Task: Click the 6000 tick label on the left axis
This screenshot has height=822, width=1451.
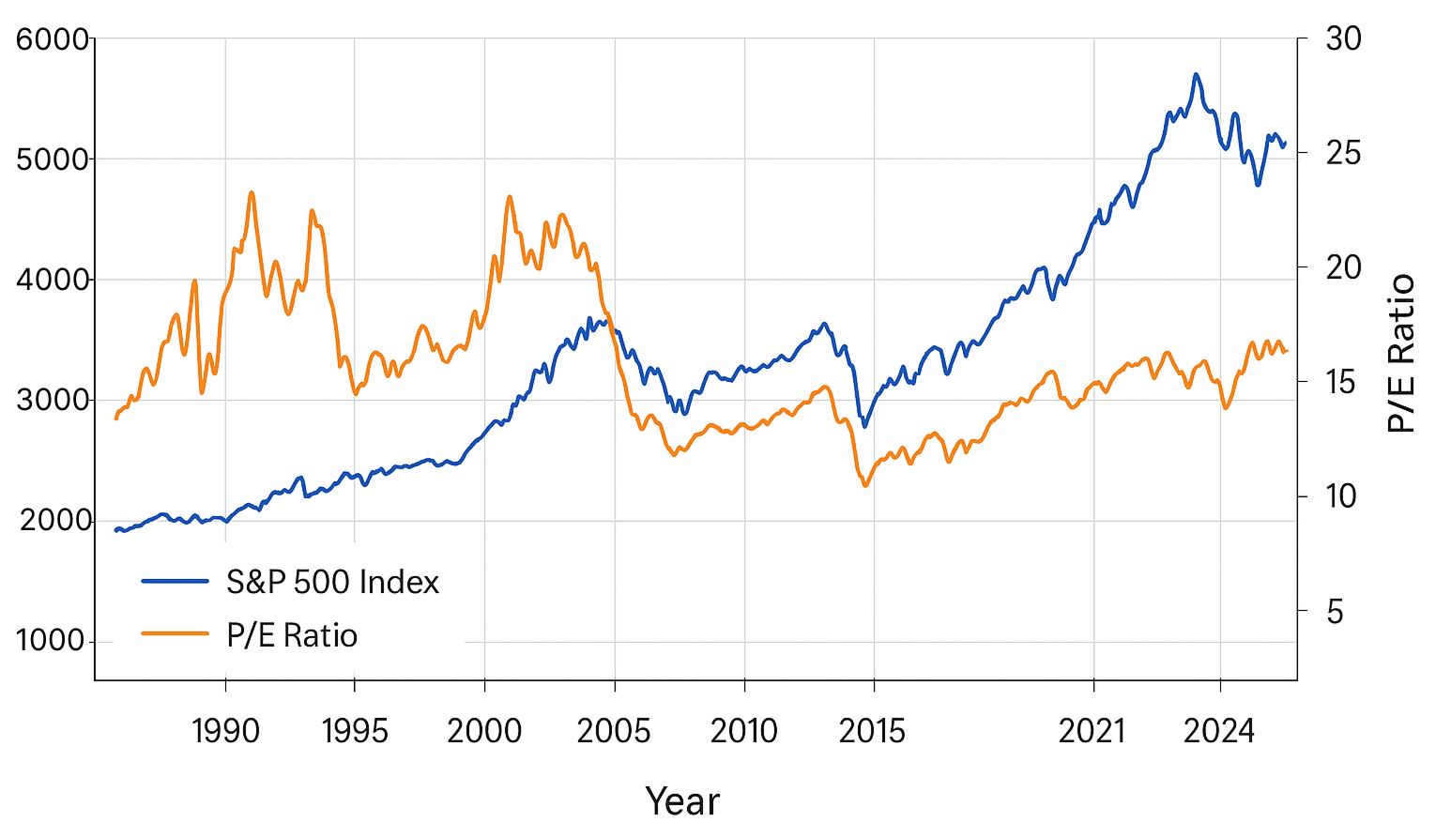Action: tap(52, 40)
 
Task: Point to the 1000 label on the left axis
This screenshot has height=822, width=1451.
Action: tap(50, 641)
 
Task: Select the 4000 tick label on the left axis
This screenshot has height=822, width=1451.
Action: tap(52, 280)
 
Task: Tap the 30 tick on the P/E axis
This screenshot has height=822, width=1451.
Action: tap(1343, 39)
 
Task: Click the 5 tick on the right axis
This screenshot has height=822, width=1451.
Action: tap(1335, 613)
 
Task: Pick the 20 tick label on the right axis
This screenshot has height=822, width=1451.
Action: tap(1343, 267)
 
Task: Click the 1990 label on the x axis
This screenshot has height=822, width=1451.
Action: tap(225, 730)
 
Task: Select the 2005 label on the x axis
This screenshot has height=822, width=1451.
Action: tap(613, 730)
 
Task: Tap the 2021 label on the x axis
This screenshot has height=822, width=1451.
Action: tap(1092, 730)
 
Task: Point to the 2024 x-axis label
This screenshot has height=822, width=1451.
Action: tap(1218, 730)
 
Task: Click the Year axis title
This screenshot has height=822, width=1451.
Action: tap(682, 801)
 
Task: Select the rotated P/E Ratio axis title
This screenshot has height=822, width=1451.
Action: tap(1400, 353)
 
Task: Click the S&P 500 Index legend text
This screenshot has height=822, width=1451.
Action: tap(332, 583)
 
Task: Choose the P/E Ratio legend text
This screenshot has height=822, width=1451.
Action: tap(292, 636)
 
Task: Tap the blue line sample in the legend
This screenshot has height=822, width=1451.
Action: tap(175, 582)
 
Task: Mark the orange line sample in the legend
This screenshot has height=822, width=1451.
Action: tap(175, 634)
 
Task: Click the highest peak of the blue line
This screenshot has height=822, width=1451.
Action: tap(1195, 74)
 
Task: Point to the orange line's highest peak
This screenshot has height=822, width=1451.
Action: tap(251, 192)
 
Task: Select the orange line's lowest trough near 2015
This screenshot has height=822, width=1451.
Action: tap(865, 485)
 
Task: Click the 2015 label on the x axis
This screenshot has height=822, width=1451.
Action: tap(872, 730)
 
